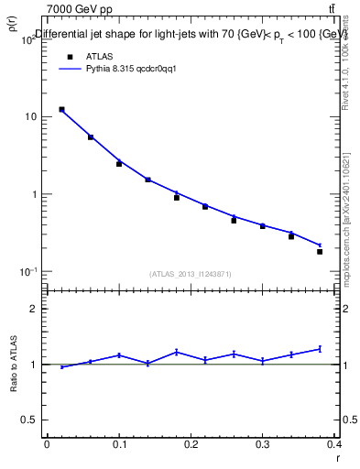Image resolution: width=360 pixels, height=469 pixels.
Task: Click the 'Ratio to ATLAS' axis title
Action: (x=15, y=365)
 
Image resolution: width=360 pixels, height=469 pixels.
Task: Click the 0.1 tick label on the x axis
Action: (x=119, y=444)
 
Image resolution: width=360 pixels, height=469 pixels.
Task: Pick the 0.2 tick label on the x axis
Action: (x=191, y=444)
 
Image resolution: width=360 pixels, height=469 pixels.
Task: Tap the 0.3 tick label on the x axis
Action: (x=263, y=444)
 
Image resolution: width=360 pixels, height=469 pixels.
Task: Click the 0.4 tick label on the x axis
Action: (x=333, y=444)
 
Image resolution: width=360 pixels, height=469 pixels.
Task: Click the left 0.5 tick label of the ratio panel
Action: (x=29, y=420)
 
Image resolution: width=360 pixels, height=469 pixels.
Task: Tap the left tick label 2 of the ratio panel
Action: (x=33, y=309)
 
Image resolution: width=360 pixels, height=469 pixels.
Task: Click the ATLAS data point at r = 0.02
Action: (x=61, y=109)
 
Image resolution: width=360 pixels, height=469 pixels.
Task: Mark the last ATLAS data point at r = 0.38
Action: (x=320, y=251)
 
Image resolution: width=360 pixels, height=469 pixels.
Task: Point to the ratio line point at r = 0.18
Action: (x=177, y=352)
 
